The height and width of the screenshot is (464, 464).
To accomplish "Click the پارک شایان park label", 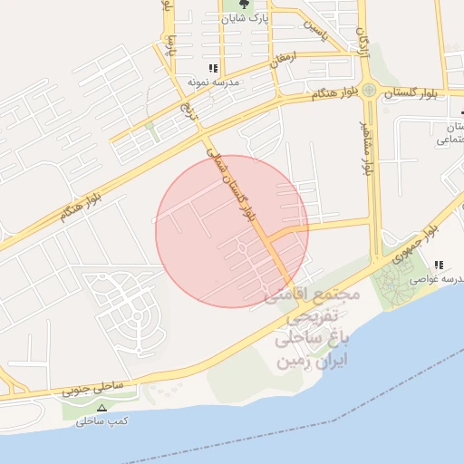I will click(247, 17).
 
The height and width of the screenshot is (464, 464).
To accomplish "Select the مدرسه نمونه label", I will click(212, 82).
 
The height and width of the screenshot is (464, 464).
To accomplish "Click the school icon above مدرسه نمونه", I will click(213, 68).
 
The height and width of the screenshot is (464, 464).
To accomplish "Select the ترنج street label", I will click(188, 111).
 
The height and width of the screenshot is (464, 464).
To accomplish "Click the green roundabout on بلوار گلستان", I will click(369, 90).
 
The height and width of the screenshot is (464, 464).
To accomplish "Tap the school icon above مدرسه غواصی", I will click(439, 266).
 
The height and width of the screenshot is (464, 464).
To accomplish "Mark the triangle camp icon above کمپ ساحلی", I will click(101, 408).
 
